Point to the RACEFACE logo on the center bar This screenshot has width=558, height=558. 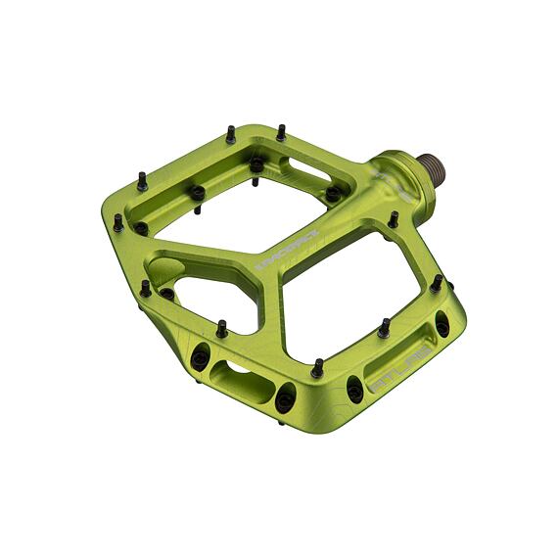pyautogui.click(x=280, y=253)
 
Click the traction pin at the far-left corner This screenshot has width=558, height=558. pyautogui.click(x=118, y=221)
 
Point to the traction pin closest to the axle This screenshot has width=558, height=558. pyautogui.click(x=393, y=219)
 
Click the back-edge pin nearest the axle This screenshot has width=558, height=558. pyautogui.click(x=281, y=131)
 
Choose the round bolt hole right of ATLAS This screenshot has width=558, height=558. pyautogui.click(x=442, y=325)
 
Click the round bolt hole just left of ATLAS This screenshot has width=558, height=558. pyautogui.click(x=354, y=390)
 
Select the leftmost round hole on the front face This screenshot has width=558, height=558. pyautogui.click(x=200, y=357)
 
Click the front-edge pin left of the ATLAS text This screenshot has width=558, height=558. pyautogui.click(x=317, y=368)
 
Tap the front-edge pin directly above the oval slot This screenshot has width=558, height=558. pyautogui.click(x=221, y=330)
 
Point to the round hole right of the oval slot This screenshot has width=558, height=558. pyautogui.click(x=285, y=397)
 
